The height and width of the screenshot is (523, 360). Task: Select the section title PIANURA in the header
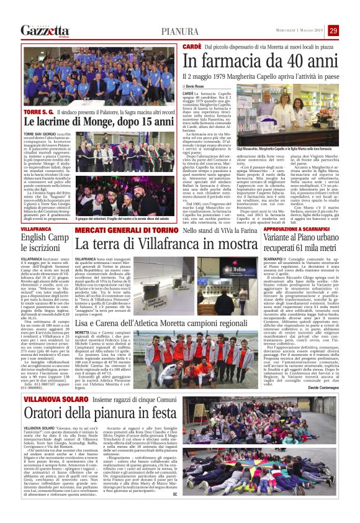click(x=180, y=31)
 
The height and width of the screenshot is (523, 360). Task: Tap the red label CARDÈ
click(x=193, y=47)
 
